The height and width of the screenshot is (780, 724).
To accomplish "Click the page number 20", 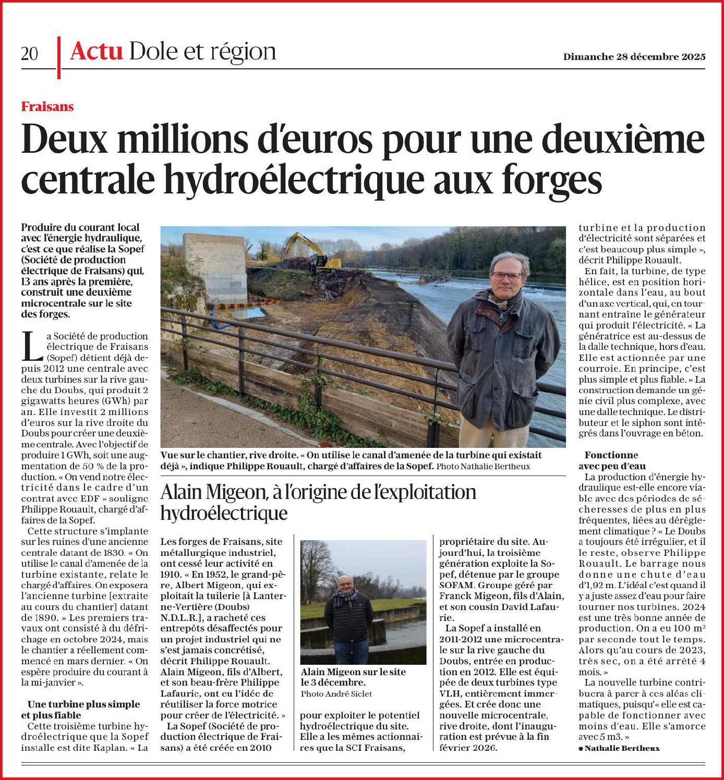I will (30, 53).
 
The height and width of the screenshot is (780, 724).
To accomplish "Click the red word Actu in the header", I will (96, 51).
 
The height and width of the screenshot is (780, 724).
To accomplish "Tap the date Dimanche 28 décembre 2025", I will (634, 56).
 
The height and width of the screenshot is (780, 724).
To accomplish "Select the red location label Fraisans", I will (47, 107).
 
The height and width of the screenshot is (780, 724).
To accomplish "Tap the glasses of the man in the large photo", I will (506, 275).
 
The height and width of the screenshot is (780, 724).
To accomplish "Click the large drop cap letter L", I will (33, 346).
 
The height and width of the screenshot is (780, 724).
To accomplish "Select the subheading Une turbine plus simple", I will (83, 704).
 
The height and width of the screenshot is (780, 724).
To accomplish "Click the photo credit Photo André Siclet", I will (336, 693).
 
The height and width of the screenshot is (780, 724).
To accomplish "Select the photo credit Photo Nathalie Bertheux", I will (483, 466).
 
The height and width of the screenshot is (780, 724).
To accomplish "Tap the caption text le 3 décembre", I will (333, 682).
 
